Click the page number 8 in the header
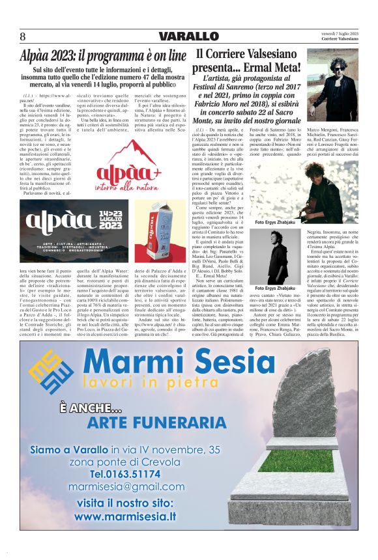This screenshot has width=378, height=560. (22, 36)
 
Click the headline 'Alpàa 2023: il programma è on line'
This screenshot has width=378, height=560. (103, 55)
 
